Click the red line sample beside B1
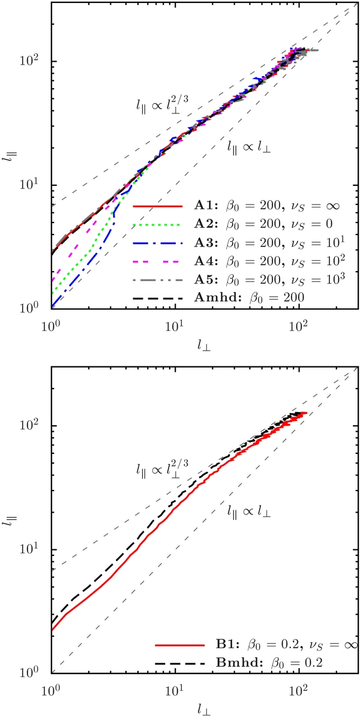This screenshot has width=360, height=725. click(x=174, y=646)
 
